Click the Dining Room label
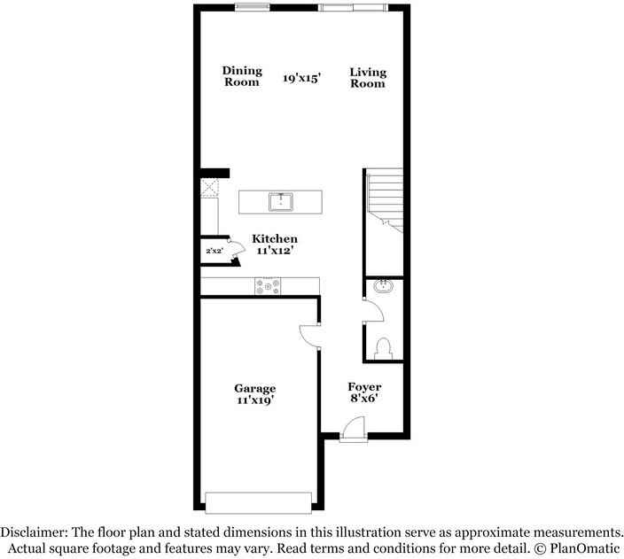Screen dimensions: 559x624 click(x=241, y=76)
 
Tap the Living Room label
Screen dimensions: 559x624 click(x=367, y=77)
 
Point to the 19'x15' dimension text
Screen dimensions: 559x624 click(x=301, y=78)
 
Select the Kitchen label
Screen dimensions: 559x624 click(x=275, y=239)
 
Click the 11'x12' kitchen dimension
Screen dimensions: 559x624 click(x=275, y=252)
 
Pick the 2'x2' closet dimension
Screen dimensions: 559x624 click(x=214, y=252)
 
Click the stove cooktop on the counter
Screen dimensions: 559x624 click(x=269, y=285)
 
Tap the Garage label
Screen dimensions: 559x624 click(x=254, y=388)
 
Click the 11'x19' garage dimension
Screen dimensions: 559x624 click(x=254, y=400)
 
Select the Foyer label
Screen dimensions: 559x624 click(x=364, y=387)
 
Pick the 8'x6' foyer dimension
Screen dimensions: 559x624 click(x=364, y=400)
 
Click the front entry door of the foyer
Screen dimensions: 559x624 click(x=353, y=431)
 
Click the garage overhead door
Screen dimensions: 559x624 click(x=258, y=503)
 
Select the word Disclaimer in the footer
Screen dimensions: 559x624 click(x=32, y=532)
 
